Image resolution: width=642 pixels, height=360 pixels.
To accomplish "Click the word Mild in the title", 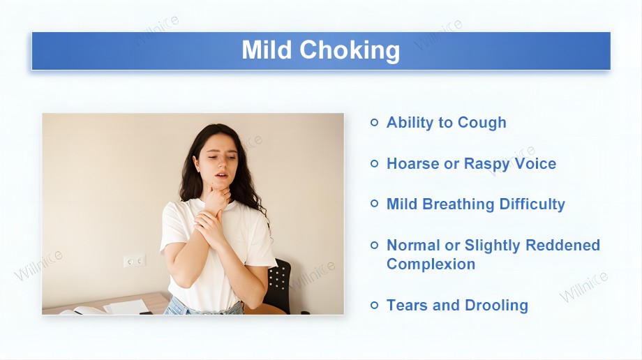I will [x=267, y=50].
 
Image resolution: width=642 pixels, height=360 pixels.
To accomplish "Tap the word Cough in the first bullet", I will [x=481, y=123].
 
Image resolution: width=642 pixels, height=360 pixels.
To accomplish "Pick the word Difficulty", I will [x=532, y=204].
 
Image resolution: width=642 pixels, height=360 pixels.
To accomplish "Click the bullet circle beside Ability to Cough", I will [x=375, y=123].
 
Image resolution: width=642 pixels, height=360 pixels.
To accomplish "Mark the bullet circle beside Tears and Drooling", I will [x=375, y=306].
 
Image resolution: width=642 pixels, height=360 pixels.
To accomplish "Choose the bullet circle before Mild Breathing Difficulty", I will [x=375, y=204].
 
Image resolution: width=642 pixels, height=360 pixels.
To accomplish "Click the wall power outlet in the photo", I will [x=134, y=260].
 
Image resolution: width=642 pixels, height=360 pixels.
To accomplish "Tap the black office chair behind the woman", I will [x=279, y=286].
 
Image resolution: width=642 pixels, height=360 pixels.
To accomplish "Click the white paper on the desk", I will [x=127, y=307].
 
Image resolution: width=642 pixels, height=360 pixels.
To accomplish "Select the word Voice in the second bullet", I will [x=534, y=164].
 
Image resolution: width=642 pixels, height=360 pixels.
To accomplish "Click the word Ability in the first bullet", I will [x=410, y=123].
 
